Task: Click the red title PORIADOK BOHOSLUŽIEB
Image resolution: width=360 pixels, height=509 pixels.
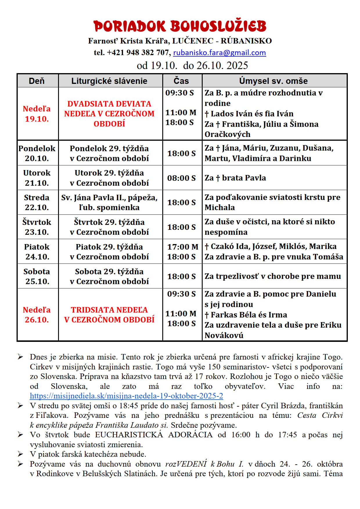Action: (x=180, y=26)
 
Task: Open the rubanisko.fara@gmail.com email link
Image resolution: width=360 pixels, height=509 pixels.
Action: (x=219, y=53)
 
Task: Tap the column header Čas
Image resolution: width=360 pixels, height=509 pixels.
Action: (x=181, y=81)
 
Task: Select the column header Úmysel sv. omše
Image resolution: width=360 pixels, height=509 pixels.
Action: (x=273, y=81)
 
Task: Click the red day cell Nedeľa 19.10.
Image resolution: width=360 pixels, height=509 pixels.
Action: (x=37, y=114)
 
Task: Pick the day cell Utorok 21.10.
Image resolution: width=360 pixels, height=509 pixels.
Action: (x=37, y=178)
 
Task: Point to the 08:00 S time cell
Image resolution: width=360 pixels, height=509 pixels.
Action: (x=181, y=178)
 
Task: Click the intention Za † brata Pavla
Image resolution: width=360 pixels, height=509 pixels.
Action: (x=235, y=178)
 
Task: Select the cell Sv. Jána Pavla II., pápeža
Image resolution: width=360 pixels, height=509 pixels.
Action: (x=109, y=198)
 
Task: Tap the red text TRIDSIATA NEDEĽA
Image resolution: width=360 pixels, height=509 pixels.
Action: (x=109, y=310)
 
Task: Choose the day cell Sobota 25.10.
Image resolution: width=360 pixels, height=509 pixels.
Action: (x=37, y=276)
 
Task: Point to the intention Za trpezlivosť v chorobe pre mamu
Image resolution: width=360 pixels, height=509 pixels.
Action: (x=273, y=276)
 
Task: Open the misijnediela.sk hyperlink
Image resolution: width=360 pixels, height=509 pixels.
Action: (x=126, y=396)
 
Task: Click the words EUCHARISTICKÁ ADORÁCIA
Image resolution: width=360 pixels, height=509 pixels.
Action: (x=154, y=435)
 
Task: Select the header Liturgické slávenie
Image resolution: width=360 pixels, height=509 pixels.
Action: (x=109, y=81)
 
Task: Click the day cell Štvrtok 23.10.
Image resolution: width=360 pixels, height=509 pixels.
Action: (x=37, y=227)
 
